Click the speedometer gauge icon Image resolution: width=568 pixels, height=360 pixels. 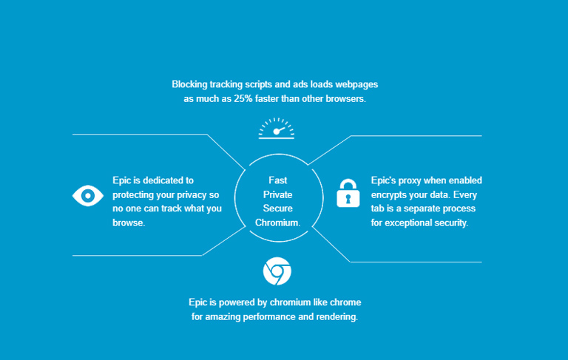point(277,129)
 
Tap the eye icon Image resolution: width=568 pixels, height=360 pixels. point(88,195)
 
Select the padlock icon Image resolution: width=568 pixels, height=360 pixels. point(348,193)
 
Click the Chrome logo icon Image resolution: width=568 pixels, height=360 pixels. point(277,271)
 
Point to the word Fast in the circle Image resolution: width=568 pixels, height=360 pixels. point(278,180)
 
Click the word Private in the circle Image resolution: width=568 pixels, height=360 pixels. point(278,194)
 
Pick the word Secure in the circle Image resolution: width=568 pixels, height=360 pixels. point(278,208)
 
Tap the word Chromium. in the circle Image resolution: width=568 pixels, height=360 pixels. point(278,223)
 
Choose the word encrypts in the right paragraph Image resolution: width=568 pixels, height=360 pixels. point(390,194)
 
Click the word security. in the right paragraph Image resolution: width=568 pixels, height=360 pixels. point(450,223)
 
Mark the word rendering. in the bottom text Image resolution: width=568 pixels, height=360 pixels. point(337,316)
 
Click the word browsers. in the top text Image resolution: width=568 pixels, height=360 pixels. point(345,98)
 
